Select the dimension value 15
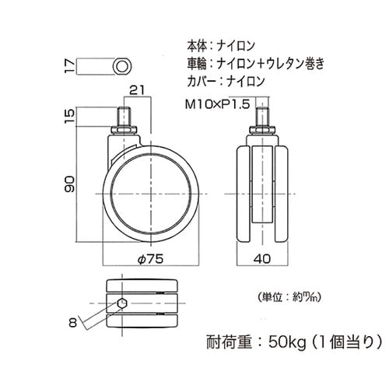click(69, 117)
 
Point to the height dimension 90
click(69, 184)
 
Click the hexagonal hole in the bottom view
click(124, 303)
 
